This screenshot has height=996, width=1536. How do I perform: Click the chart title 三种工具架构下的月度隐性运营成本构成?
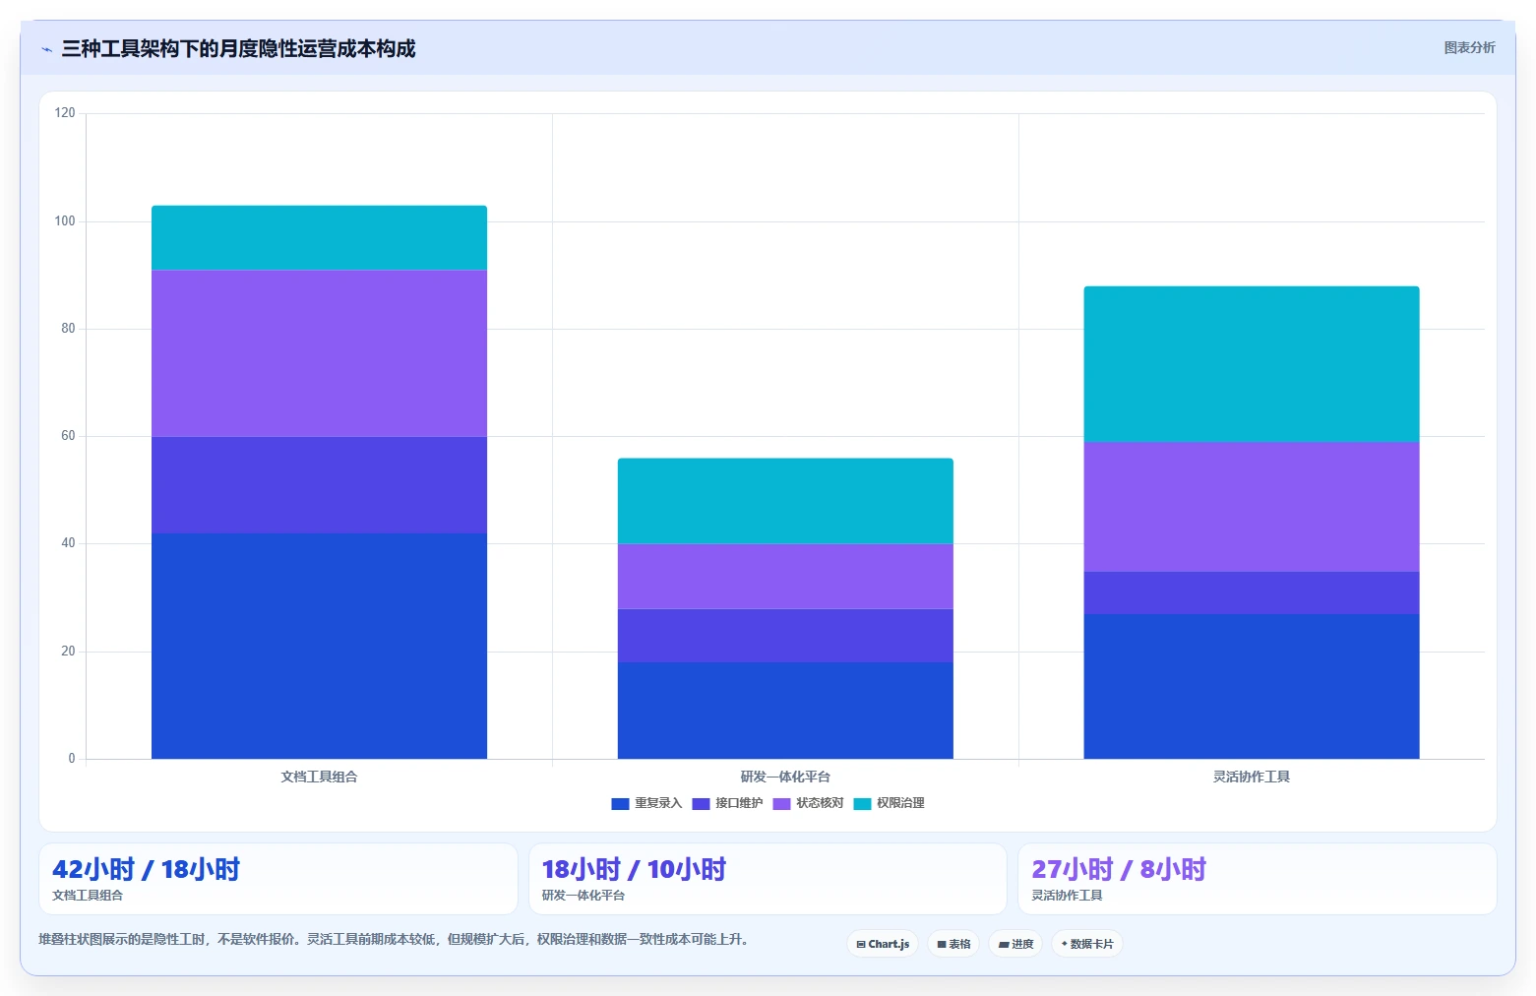(238, 48)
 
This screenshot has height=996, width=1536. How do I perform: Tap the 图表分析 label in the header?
(1469, 48)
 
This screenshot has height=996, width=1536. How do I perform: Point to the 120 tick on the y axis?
(65, 112)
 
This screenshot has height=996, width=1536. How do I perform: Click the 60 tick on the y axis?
(68, 436)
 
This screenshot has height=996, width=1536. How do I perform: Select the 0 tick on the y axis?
(71, 758)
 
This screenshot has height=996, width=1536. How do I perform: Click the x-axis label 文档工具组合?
(319, 777)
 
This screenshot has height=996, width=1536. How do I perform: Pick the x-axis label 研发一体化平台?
(785, 777)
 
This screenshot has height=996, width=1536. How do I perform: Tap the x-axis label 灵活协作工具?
(1252, 777)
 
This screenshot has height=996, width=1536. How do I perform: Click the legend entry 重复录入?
(646, 803)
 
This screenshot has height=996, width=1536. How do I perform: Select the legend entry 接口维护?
(727, 803)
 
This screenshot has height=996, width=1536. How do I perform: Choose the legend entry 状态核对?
(809, 803)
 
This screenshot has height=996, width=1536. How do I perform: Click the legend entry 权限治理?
(890, 803)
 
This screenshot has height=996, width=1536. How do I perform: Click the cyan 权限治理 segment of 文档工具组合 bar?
(319, 237)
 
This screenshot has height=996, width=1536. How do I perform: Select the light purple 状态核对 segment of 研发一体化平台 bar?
(785, 576)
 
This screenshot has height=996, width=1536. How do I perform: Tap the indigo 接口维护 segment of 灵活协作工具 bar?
(1252, 592)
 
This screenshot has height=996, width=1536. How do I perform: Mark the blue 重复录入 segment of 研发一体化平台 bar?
(785, 710)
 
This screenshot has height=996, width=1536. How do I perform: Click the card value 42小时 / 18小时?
(146, 869)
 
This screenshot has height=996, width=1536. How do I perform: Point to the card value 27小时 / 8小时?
(1119, 869)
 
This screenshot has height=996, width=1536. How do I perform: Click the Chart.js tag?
(883, 944)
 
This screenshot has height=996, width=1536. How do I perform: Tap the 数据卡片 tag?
(1087, 944)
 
